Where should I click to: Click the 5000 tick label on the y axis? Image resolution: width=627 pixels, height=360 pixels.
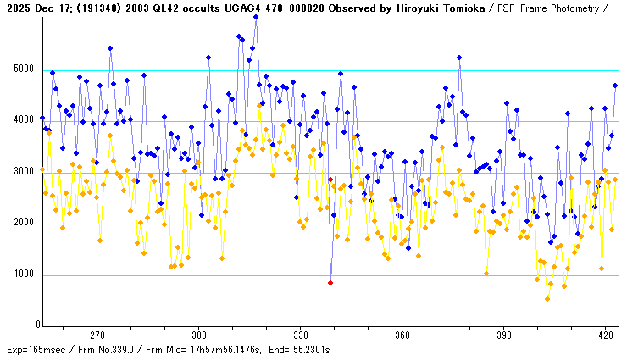click(x=22, y=69)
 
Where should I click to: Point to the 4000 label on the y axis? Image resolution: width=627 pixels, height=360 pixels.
click(x=22, y=121)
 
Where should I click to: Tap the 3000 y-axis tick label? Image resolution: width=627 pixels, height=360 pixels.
click(x=22, y=173)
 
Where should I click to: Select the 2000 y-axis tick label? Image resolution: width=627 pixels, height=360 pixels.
click(x=22, y=224)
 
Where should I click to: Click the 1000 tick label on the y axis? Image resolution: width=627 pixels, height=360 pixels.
click(x=22, y=274)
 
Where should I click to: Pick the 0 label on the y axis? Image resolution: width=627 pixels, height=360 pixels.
click(x=32, y=325)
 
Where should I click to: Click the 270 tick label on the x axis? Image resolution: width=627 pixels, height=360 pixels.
click(x=97, y=335)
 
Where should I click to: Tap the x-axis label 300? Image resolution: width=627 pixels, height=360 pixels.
click(x=199, y=335)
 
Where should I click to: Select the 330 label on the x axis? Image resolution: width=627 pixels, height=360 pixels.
click(x=300, y=335)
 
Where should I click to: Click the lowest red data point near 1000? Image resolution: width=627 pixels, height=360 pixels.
click(x=330, y=282)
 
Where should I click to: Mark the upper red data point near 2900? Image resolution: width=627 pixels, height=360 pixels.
click(x=330, y=180)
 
